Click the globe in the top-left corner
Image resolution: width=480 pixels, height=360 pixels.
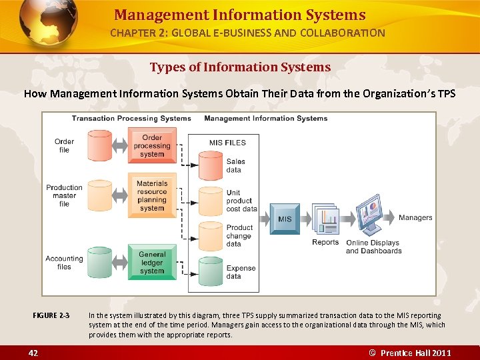tap(48, 25)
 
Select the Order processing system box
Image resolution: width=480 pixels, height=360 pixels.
tap(152, 146)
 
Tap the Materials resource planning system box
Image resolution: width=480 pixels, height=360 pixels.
tap(152, 195)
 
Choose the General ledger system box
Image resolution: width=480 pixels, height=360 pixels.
tap(152, 262)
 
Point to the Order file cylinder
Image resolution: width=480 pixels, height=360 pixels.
tap(100, 146)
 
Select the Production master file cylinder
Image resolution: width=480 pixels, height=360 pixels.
tap(100, 195)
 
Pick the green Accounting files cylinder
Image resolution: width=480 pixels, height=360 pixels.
tap(100, 262)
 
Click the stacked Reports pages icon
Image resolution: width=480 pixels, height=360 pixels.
tap(326, 219)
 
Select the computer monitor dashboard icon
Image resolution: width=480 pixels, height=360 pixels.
tap(373, 215)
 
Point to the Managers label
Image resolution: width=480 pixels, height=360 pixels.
tap(415, 217)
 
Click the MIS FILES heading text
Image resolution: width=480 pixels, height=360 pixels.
tap(227, 142)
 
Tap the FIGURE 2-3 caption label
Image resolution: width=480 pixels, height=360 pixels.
tap(51, 315)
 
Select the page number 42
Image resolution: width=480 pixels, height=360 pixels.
tap(33, 353)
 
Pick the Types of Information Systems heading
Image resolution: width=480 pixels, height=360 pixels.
tap(240, 67)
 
